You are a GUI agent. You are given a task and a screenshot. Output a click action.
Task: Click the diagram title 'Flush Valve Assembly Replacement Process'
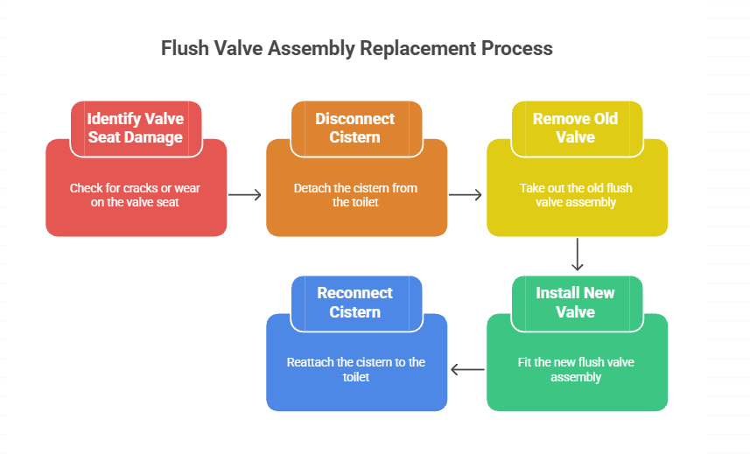pos(356,48)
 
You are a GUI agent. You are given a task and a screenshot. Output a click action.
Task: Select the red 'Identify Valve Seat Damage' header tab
pos(136,128)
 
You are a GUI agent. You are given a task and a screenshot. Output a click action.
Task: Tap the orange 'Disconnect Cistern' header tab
pos(355,128)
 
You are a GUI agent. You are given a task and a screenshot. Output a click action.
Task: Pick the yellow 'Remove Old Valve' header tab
pos(575,128)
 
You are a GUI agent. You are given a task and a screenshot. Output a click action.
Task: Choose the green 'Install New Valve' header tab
pos(575,302)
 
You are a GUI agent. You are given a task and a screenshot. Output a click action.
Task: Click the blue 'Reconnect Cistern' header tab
pos(355,302)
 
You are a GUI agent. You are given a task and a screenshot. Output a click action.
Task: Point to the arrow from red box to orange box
pos(246,194)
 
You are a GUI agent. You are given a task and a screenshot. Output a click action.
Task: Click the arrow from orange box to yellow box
pos(466,194)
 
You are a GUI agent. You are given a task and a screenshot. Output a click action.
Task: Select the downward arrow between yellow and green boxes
pos(577,255)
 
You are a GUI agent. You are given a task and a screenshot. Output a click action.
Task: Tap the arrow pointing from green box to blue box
pos(466,370)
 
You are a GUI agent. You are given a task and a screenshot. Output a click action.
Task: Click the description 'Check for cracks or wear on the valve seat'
pos(136,195)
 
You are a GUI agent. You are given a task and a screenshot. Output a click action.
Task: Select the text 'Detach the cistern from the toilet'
pos(355,195)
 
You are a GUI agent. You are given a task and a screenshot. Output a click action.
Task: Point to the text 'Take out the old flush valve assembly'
pos(575,195)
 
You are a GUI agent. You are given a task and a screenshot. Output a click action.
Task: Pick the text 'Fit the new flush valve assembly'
pos(575,369)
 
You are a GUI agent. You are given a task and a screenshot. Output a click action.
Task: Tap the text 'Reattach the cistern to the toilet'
pos(355,369)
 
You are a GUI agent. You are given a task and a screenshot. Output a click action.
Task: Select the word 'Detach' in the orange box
pos(311,188)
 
